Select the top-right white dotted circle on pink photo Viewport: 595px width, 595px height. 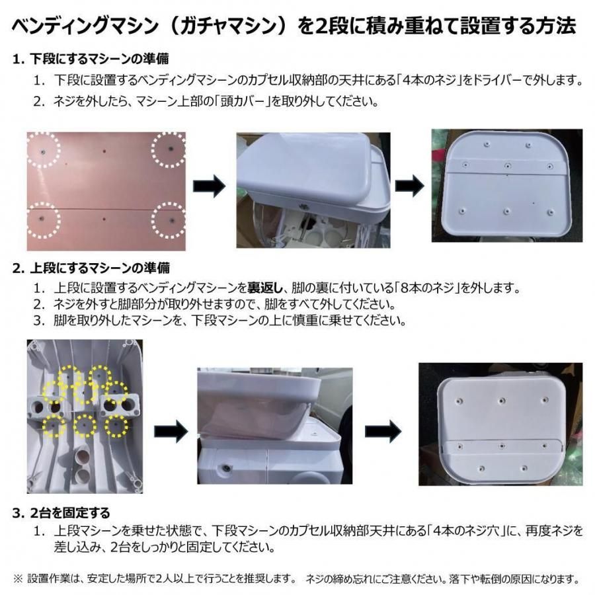(170, 149)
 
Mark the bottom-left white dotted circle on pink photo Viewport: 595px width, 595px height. (41, 219)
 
